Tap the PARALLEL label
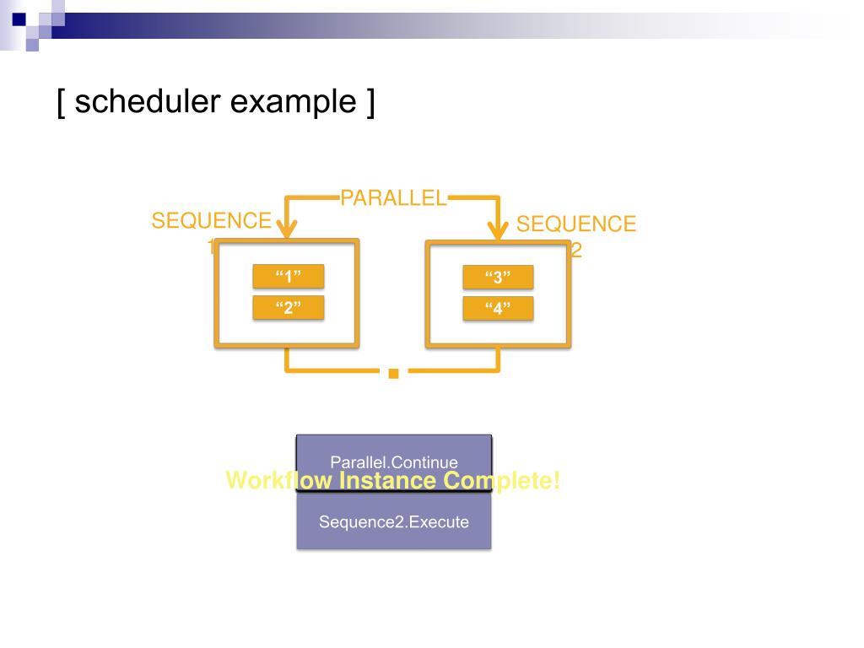[x=393, y=198]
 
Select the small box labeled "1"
[x=289, y=277]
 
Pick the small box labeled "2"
[x=289, y=307]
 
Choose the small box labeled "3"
[x=498, y=278]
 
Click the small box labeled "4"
[x=498, y=308]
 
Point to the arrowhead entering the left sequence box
[x=287, y=228]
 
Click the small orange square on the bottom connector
[x=393, y=372]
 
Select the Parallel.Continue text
[x=394, y=462]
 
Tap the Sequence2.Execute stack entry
[x=394, y=521]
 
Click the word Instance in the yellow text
[x=389, y=481]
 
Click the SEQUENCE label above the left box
[x=212, y=221]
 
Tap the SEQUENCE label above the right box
[x=576, y=224]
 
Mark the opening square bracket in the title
[x=62, y=103]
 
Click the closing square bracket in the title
[x=370, y=103]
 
